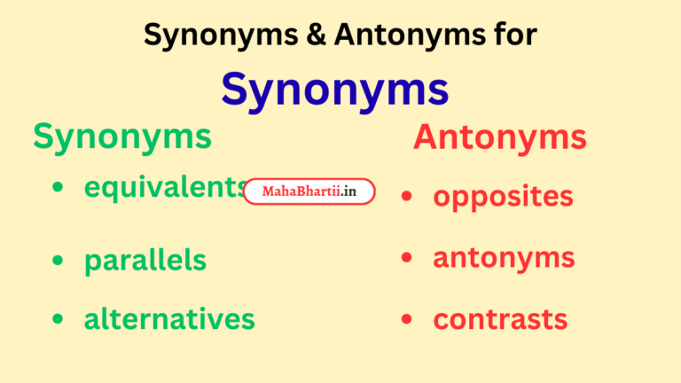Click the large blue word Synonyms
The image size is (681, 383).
(335, 89)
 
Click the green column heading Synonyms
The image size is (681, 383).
(122, 137)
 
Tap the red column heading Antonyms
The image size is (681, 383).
(499, 137)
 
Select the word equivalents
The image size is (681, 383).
(165, 187)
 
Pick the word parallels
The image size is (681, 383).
(145, 261)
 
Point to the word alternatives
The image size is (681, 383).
(169, 318)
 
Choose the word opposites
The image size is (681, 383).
(503, 196)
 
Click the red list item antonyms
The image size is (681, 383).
(504, 258)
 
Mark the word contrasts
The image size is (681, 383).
(500, 319)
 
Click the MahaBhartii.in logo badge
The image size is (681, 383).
(309, 191)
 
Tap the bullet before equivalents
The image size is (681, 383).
(59, 188)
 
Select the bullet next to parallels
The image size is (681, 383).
(59, 261)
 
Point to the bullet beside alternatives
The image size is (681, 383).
(59, 319)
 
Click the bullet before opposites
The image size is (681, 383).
(407, 196)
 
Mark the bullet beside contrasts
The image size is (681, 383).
(407, 319)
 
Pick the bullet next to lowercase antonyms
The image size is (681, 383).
(407, 258)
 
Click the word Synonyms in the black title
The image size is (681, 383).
(212, 35)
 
